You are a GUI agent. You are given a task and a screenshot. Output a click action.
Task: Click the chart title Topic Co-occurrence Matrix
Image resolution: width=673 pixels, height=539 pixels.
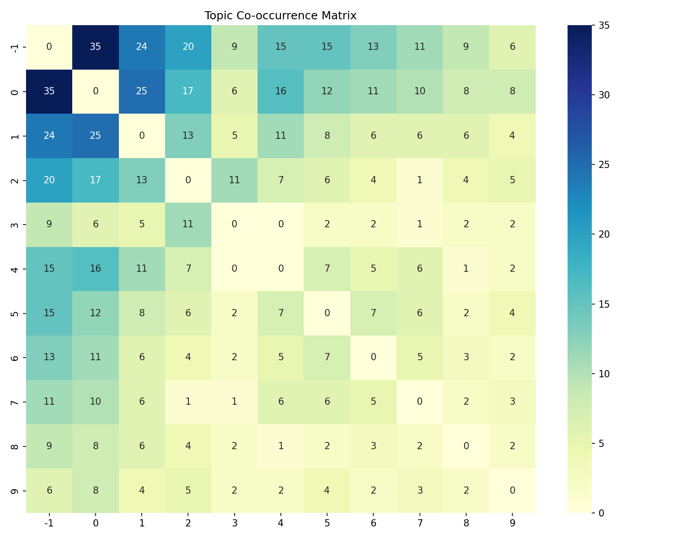[x=280, y=16]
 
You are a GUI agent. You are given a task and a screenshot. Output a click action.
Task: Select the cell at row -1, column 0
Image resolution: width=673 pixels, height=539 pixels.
[x=96, y=47]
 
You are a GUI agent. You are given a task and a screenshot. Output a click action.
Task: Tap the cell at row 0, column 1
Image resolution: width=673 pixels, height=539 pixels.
[x=142, y=91]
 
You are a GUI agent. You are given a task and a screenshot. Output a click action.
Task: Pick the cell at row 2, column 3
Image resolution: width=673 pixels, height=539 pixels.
[x=234, y=180]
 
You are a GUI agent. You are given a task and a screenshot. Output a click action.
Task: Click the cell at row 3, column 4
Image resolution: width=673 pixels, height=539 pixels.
[x=281, y=224]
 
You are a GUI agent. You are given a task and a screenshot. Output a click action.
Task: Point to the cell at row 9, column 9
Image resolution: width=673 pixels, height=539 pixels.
[x=512, y=490]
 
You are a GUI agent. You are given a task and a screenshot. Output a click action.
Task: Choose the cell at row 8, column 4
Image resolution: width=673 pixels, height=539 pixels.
[x=281, y=446]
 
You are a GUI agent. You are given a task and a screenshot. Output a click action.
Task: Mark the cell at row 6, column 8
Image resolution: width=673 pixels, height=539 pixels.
[x=466, y=357]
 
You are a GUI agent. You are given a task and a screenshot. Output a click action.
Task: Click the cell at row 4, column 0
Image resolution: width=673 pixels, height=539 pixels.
[x=96, y=269]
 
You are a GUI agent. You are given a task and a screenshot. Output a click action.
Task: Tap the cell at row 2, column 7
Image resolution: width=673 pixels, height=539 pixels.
[x=420, y=180]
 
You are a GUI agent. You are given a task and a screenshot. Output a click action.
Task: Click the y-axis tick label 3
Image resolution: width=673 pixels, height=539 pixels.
[x=14, y=224]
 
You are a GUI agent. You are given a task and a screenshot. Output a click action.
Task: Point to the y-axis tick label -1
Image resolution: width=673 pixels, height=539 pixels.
[x=14, y=47]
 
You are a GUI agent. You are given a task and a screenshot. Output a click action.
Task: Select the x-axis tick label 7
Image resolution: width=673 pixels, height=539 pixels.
[x=420, y=523]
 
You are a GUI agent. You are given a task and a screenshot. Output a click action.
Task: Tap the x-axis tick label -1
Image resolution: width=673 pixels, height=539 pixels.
[x=49, y=523]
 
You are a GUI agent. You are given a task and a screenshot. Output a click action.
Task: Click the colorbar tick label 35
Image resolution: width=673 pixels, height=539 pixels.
[x=604, y=26]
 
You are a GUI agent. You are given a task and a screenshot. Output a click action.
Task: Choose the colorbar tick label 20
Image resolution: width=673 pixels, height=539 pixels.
[x=604, y=234]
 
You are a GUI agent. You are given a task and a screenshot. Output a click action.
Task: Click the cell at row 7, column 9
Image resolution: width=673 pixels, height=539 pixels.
[x=512, y=402]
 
